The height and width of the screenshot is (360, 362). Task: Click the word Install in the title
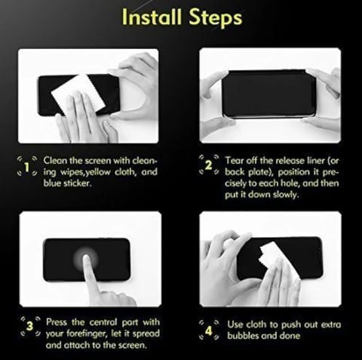(152, 17)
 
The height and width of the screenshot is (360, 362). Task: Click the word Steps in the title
(215, 17)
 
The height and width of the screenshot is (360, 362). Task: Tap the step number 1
(27, 168)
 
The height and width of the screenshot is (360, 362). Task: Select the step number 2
(208, 165)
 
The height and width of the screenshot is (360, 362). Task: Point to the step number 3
(30, 326)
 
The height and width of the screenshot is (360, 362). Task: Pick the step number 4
(209, 331)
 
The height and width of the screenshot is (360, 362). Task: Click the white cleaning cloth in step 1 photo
(78, 95)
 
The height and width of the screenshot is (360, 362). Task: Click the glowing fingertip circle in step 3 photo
(85, 259)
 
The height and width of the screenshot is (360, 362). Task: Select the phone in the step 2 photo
(268, 93)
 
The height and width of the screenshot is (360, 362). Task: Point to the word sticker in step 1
(77, 183)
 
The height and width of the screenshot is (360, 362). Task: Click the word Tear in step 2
(234, 161)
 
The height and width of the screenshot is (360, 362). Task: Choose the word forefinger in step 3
(85, 334)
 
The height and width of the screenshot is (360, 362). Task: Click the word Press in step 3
(57, 322)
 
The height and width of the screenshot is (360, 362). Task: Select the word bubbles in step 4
(243, 336)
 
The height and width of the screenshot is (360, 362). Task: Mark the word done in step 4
(290, 336)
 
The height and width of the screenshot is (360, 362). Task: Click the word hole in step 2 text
(290, 183)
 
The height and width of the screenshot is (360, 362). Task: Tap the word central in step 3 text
(103, 322)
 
